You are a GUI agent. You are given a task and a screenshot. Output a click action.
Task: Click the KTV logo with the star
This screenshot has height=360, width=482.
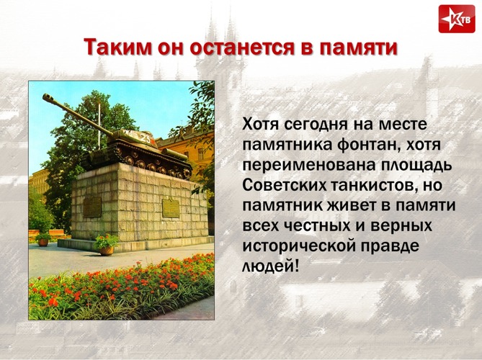point(457,19)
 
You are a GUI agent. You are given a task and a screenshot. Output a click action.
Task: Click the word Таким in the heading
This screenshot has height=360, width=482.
point(117,48)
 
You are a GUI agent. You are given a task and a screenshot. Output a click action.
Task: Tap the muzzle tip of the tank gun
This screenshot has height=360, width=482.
point(45,97)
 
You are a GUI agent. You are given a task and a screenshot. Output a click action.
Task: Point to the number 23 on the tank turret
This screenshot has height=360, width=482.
point(146,140)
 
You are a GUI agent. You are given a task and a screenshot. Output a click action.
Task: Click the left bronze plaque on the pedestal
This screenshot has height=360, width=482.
point(92,207)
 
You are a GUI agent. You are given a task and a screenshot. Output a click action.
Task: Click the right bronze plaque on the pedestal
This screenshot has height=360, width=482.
point(171,208)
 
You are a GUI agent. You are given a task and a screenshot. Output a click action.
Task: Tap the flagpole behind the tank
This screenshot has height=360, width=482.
point(99,127)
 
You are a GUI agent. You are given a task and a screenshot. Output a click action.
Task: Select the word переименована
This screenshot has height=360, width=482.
point(309,166)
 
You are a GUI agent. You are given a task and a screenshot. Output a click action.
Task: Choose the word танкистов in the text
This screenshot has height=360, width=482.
point(369,186)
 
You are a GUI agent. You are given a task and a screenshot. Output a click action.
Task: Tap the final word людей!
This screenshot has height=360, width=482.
point(270,266)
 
